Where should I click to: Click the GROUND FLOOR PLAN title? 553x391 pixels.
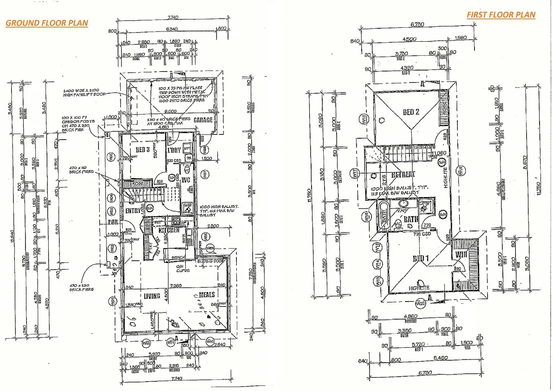pos(47,23)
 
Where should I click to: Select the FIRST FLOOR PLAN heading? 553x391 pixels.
pos(501,14)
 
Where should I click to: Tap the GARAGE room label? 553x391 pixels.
pos(203,120)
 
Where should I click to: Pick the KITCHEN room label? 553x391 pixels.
pos(169,230)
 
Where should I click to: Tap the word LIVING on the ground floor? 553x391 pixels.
pos(152,296)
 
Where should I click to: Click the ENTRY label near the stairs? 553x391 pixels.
pos(133,211)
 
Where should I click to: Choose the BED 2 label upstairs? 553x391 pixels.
pos(411,112)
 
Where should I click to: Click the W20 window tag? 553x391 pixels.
pos(421,304)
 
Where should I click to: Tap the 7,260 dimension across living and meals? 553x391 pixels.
pos(176,285)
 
